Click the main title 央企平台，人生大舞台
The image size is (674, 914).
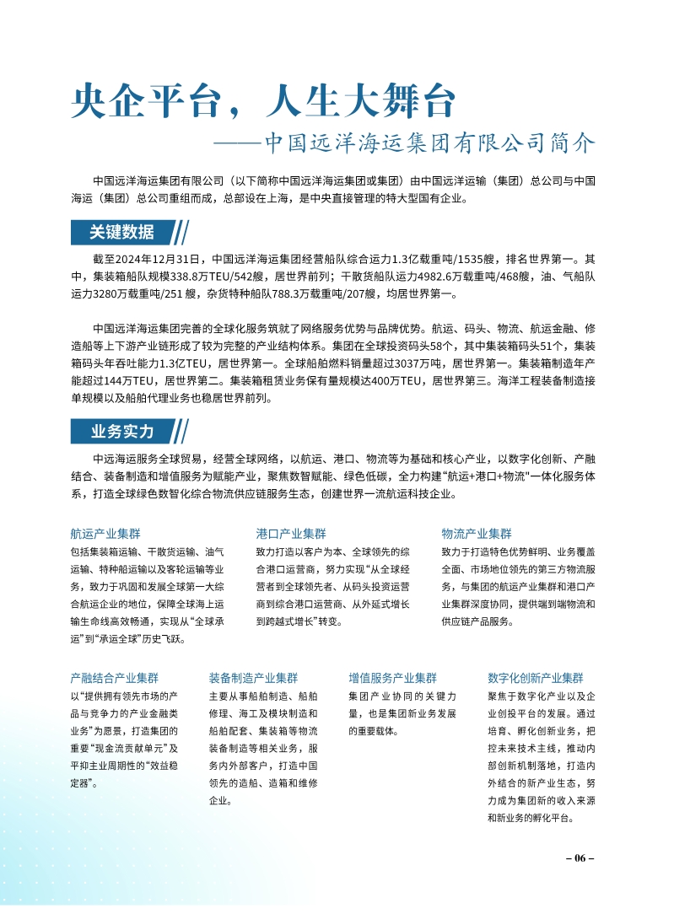(x=263, y=102)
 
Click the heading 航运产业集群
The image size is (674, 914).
(x=105, y=534)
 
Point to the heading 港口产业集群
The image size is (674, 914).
(x=291, y=534)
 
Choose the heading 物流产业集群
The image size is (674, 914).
(x=477, y=534)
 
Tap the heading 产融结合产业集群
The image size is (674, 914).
(x=114, y=677)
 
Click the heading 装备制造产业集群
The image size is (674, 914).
(x=253, y=677)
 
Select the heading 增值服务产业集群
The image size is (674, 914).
(x=392, y=677)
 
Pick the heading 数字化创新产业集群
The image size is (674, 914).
(x=536, y=677)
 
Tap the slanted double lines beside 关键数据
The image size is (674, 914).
(x=180, y=232)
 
